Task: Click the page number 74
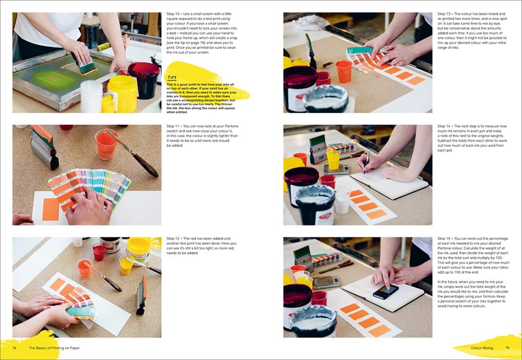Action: pos(15,348)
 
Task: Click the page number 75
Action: pos(508,348)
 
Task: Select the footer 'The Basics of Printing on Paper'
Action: pos(54,348)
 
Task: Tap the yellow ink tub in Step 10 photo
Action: pos(123,93)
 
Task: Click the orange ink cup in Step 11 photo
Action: pos(106,144)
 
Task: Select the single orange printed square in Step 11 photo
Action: pos(51,209)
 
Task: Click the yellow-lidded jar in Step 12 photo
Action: pos(139,250)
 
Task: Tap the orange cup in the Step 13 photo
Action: pos(344,71)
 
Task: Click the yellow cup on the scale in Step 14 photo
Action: pos(333,160)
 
